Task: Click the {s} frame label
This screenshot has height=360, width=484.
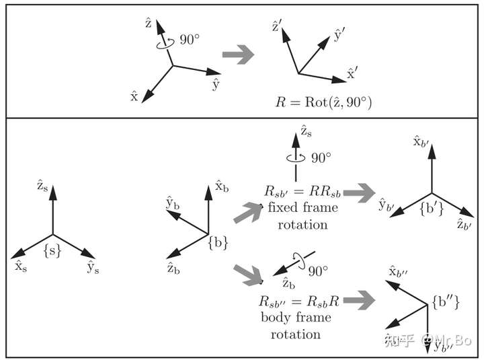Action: (52, 251)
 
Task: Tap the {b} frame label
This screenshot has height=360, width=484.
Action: (218, 242)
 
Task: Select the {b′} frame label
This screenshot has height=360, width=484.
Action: (432, 209)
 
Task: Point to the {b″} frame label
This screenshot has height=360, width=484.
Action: (446, 302)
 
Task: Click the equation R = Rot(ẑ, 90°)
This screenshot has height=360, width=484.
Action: (323, 102)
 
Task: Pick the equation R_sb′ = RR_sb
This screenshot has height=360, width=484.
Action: (302, 192)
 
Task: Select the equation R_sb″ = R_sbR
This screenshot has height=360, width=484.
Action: (299, 301)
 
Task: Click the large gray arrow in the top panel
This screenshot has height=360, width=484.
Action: (238, 55)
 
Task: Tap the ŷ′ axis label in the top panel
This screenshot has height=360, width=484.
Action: (339, 34)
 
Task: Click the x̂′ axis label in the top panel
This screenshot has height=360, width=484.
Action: (352, 73)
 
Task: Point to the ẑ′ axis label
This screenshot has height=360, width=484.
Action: (276, 26)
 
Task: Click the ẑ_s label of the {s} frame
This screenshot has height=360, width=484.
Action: (42, 186)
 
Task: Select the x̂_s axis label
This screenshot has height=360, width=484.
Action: (21, 266)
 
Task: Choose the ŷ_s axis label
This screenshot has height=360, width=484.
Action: (93, 267)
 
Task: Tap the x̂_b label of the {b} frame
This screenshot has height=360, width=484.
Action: (222, 186)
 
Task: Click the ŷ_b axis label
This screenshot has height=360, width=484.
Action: (173, 203)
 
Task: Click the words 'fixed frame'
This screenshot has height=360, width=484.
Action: (302, 207)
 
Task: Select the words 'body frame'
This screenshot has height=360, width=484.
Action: (296, 318)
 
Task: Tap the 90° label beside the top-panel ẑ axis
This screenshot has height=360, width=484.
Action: (190, 40)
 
